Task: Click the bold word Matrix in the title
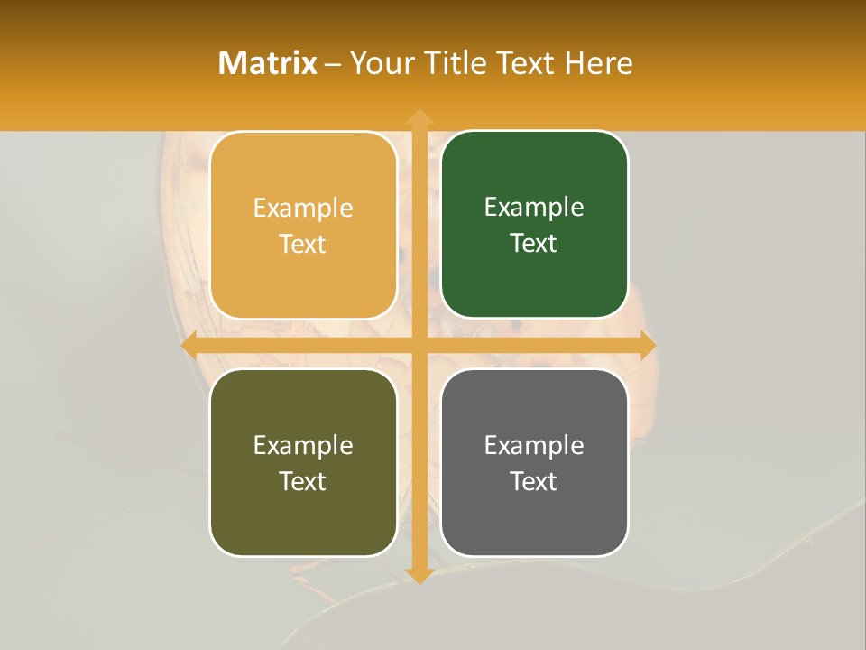click(267, 63)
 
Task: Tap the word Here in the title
click(598, 63)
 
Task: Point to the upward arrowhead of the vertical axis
click(419, 116)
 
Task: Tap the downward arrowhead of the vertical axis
click(419, 575)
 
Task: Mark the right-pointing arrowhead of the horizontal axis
click(647, 345)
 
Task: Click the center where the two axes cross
click(419, 345)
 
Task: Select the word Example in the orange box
click(303, 209)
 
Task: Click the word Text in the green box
click(534, 243)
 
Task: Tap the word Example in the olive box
click(303, 446)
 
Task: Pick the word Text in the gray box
click(534, 481)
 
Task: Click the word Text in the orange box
click(303, 244)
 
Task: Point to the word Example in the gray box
click(534, 446)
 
